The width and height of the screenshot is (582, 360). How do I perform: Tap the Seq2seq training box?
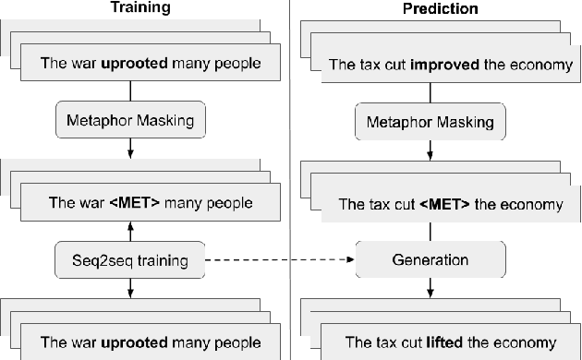129,261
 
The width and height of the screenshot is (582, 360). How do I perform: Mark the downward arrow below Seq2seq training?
130,288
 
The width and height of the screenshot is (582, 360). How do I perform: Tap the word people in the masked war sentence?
232,203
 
